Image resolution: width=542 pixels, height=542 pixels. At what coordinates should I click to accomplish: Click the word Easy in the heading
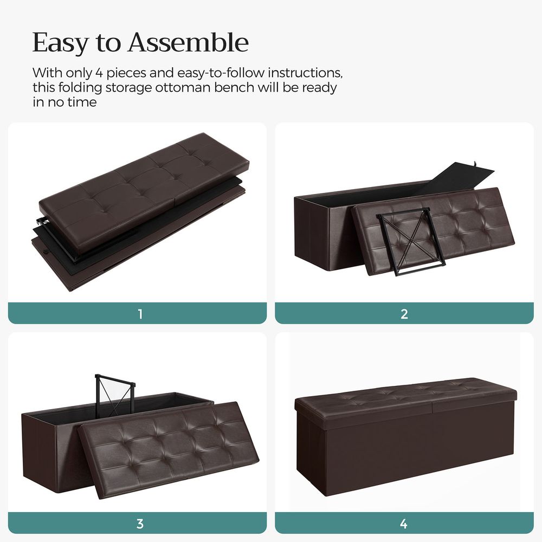[x=59, y=43]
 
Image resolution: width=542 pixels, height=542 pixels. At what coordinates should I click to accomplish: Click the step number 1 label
[x=140, y=314]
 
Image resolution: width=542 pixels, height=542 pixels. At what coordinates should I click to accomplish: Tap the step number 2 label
[x=404, y=314]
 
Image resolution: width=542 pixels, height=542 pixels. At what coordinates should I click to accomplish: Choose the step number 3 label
[x=140, y=524]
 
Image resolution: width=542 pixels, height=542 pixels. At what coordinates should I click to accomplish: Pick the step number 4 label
[x=404, y=524]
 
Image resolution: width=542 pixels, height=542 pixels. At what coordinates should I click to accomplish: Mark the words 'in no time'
[x=64, y=102]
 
